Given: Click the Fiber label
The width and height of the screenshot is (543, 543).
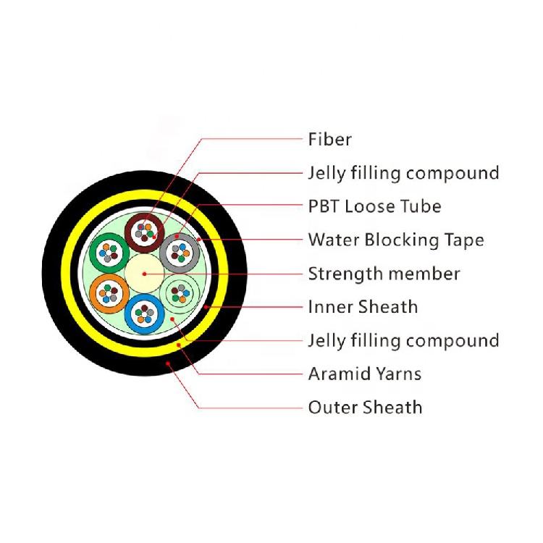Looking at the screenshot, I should [329, 139].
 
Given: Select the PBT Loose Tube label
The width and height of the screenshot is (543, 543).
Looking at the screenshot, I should [374, 206].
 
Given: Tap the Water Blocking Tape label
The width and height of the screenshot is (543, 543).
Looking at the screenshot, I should [396, 240].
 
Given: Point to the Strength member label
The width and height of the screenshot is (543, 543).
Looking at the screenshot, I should [384, 274].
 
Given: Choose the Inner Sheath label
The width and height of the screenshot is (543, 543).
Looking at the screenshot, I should [363, 307].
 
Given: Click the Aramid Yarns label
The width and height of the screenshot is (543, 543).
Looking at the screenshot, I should [364, 374].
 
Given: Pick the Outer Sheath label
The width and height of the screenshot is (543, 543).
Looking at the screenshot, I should [365, 407].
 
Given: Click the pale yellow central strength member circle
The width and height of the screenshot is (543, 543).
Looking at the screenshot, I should [145, 273].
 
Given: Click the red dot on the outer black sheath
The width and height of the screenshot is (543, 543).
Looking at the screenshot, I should [168, 363].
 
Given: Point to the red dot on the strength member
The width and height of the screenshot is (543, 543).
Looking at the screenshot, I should [145, 274].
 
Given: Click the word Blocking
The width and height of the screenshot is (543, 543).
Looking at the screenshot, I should [395, 240].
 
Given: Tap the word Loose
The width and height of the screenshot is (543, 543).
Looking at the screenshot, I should [370, 206].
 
